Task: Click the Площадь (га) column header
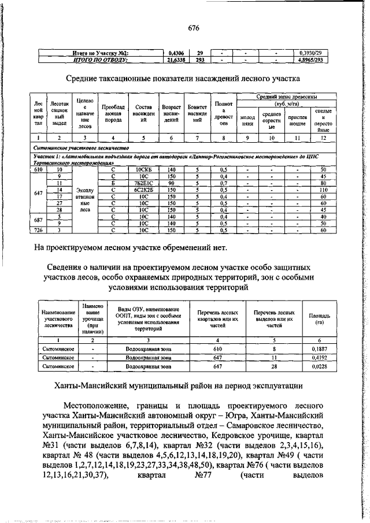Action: click(x=315, y=320)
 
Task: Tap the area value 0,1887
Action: click(x=315, y=350)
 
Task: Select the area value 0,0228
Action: click(x=315, y=366)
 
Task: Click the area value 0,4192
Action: click(x=315, y=358)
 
